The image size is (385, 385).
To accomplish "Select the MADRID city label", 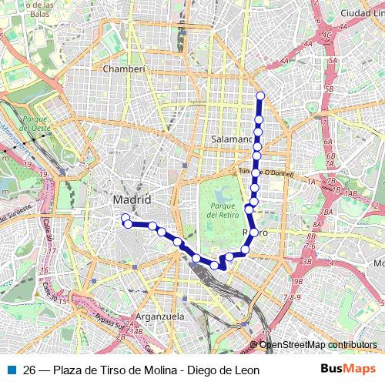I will [x=132, y=199].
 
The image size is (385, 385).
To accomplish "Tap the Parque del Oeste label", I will [x=35, y=124].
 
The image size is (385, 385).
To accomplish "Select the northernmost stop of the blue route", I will [x=260, y=96].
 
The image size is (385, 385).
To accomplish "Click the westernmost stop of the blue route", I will [x=125, y=218].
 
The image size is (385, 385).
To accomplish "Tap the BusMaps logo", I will [x=348, y=370].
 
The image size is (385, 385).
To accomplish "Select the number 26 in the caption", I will [x=29, y=370].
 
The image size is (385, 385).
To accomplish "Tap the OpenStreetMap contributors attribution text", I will [x=317, y=345].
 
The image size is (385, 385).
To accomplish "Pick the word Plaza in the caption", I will [x=66, y=370].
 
